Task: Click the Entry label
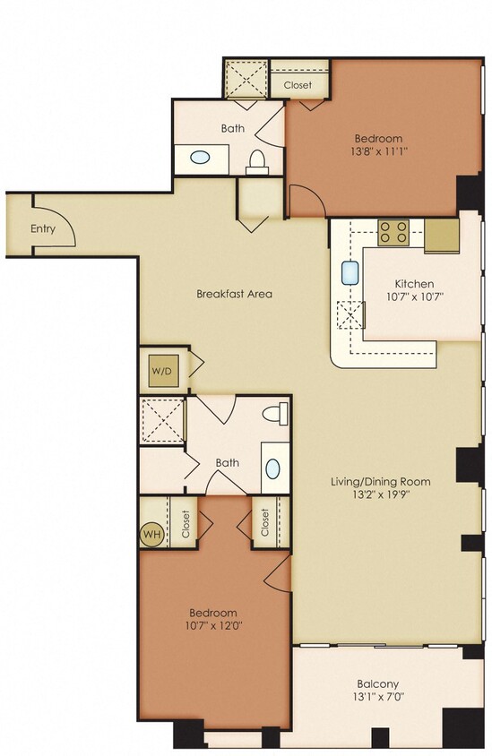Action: [43, 228]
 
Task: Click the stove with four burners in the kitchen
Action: [393, 233]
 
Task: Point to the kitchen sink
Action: [350, 273]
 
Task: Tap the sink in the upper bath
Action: [200, 159]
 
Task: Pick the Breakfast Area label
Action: [234, 294]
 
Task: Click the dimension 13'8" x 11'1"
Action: [378, 152]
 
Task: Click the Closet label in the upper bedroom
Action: [298, 85]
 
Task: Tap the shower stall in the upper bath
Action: [245, 80]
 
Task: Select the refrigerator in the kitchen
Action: [441, 235]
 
